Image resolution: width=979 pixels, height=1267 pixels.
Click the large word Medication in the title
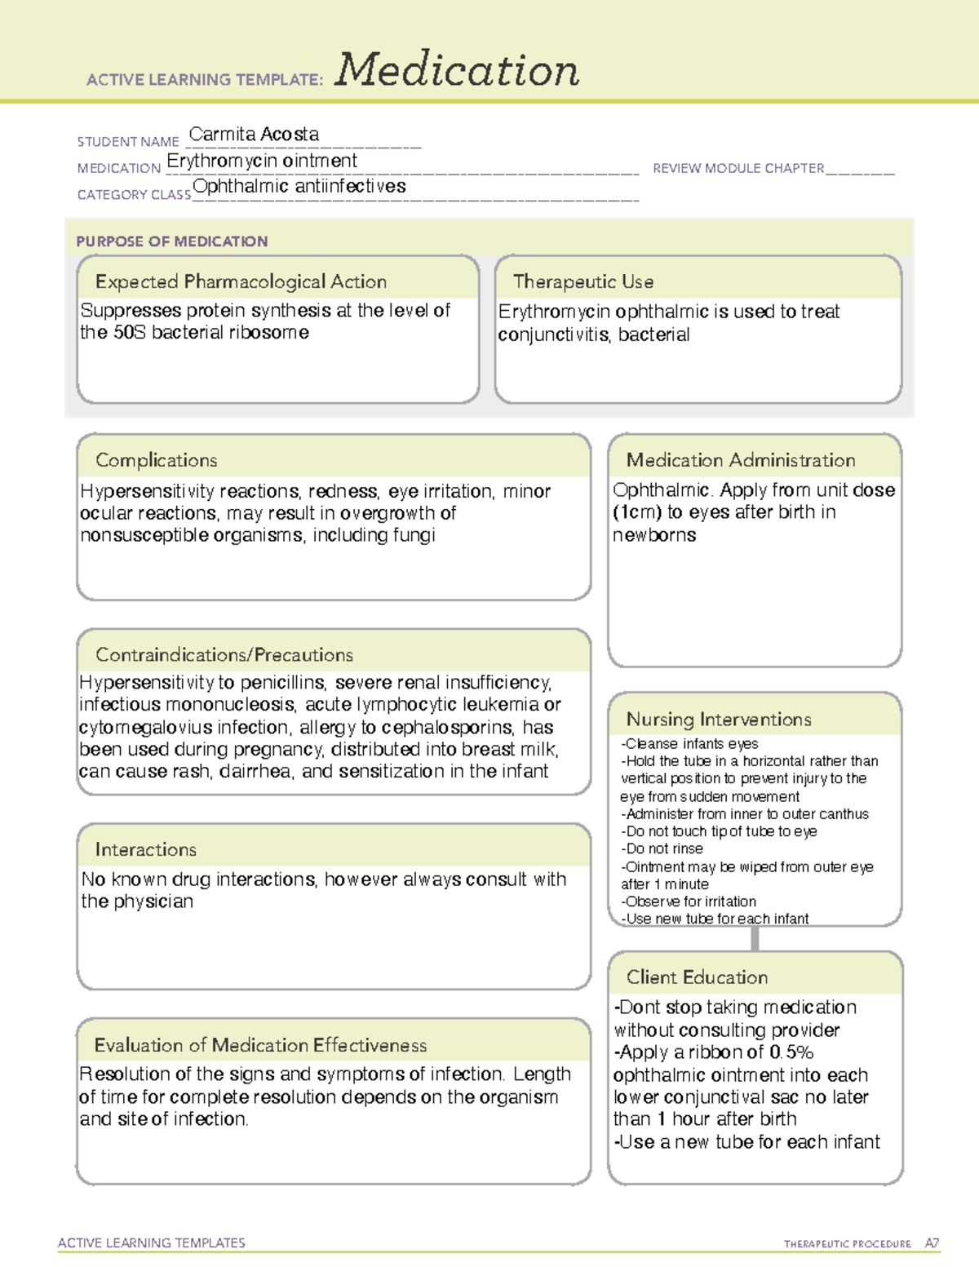click(457, 70)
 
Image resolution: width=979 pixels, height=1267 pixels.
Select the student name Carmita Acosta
click(254, 134)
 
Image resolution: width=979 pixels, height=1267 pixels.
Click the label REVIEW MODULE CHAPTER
click(738, 168)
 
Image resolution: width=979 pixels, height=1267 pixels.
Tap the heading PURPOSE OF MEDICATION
click(171, 241)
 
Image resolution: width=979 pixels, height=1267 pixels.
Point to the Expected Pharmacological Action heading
click(241, 281)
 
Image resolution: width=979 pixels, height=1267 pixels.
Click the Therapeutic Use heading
click(583, 281)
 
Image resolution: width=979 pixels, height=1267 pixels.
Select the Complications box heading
click(156, 460)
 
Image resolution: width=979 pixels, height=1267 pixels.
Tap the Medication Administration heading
click(740, 460)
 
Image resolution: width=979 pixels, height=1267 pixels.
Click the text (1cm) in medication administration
click(636, 512)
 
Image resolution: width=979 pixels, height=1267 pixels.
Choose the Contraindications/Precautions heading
click(224, 654)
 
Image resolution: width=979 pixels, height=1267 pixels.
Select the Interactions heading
click(145, 849)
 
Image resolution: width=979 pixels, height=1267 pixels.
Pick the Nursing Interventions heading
click(718, 719)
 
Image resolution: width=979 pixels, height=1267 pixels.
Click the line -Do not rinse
click(662, 848)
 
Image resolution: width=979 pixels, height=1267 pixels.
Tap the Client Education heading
click(697, 977)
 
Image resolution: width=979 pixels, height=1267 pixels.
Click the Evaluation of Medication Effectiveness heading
click(260, 1045)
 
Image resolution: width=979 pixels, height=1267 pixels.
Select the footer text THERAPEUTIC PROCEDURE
click(847, 1244)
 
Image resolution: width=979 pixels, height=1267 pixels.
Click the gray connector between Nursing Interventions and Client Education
click(755, 938)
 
